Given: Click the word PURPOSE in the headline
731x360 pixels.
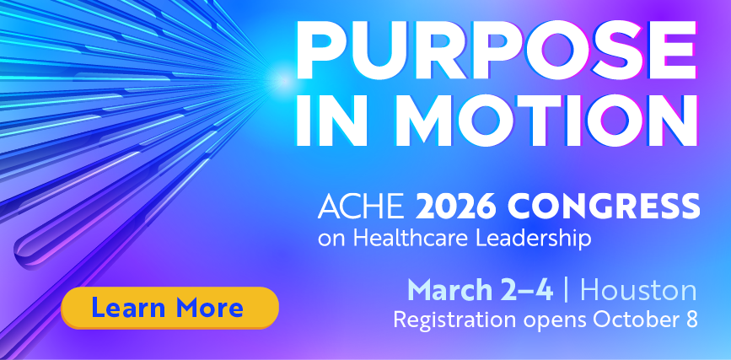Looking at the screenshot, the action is pyautogui.click(x=497, y=50).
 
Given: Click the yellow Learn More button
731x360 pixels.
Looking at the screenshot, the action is pyautogui.click(x=169, y=308).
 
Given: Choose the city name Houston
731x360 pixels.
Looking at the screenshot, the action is pyautogui.click(x=639, y=290).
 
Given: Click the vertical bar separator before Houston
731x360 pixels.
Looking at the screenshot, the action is pyautogui.click(x=567, y=290).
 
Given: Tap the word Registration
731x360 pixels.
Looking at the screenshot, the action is pyautogui.click(x=454, y=320).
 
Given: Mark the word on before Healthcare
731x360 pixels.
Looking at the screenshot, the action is pyautogui.click(x=332, y=240).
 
